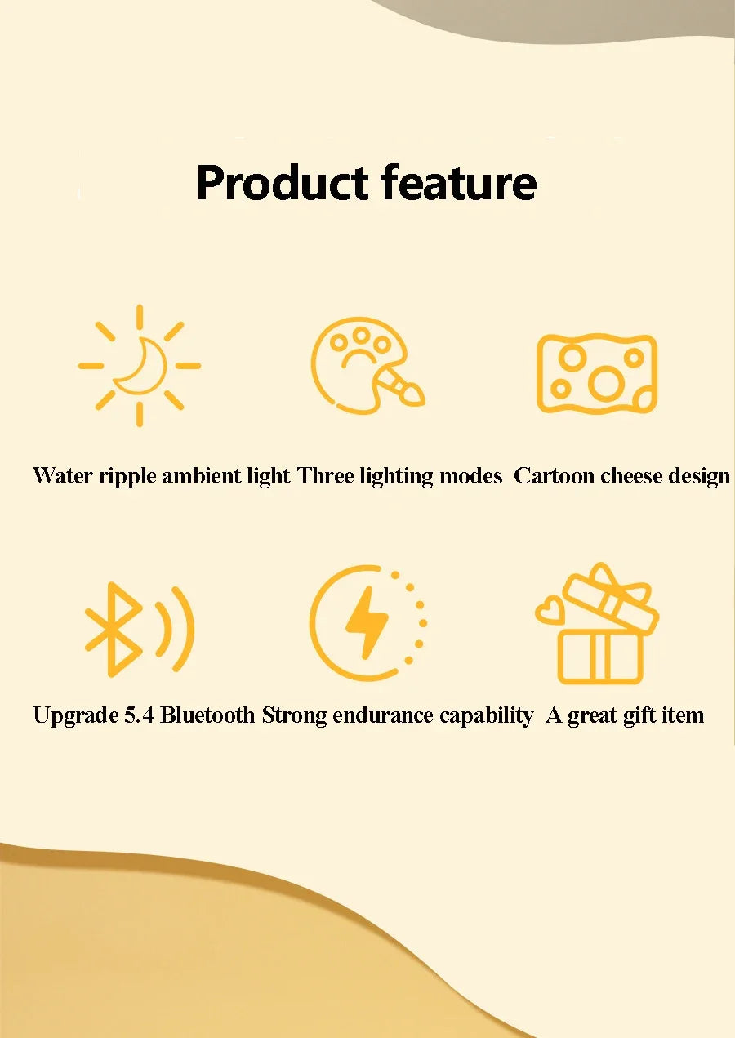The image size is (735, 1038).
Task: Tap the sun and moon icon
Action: pyautogui.click(x=140, y=365)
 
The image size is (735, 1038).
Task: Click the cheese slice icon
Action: pyautogui.click(x=597, y=373)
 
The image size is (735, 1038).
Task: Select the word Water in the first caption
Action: pyautogui.click(x=63, y=476)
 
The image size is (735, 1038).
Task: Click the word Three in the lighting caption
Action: pyautogui.click(x=325, y=476)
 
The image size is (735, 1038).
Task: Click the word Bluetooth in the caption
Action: pyautogui.click(x=207, y=716)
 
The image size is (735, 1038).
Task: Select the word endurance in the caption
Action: pyautogui.click(x=378, y=716)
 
